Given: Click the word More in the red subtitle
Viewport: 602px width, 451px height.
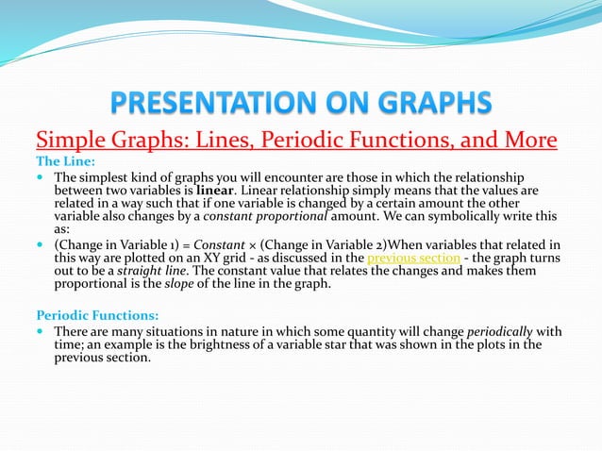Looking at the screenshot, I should (523, 141).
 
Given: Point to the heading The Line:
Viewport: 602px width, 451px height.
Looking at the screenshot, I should (66, 161).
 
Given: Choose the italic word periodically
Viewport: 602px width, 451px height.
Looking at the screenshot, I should (499, 331).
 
